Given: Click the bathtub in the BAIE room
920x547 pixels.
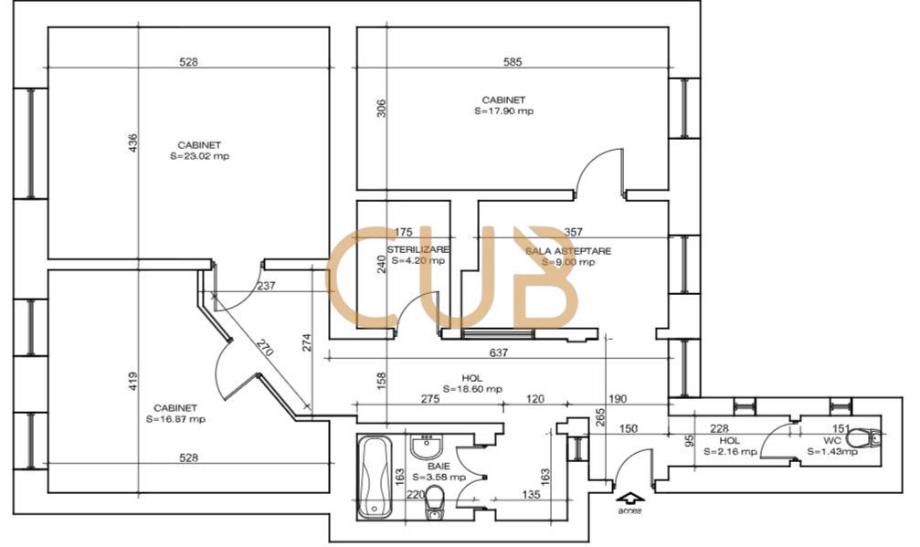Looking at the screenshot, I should click(x=375, y=477).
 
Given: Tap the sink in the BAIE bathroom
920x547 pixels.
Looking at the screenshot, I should click(x=428, y=447).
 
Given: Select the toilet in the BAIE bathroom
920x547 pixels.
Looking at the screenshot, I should click(x=436, y=500).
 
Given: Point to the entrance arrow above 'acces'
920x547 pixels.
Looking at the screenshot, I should click(x=629, y=498).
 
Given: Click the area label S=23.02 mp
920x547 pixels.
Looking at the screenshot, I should click(x=199, y=156).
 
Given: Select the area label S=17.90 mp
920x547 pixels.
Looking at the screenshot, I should click(x=503, y=111).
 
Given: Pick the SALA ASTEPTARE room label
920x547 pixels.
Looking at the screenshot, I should click(x=568, y=250).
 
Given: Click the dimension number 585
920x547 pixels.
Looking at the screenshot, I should click(x=513, y=63).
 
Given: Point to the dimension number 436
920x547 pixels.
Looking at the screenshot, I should click(x=132, y=143).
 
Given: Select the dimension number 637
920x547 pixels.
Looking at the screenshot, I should click(x=498, y=352).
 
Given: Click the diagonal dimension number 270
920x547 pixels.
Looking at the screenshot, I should click(x=263, y=351).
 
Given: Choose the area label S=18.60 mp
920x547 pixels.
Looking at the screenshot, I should click(x=472, y=388).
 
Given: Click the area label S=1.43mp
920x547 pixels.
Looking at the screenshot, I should click(x=832, y=451).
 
